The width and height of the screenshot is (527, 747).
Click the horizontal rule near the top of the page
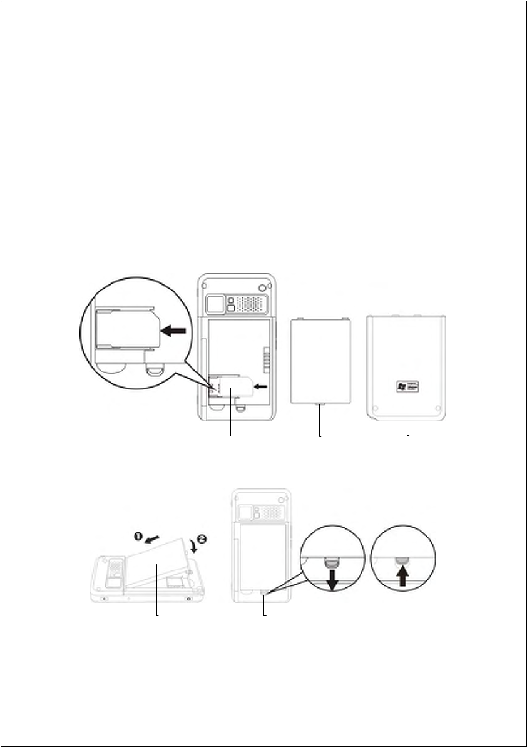point(263,87)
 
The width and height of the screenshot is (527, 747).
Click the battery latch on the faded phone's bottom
point(265,590)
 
